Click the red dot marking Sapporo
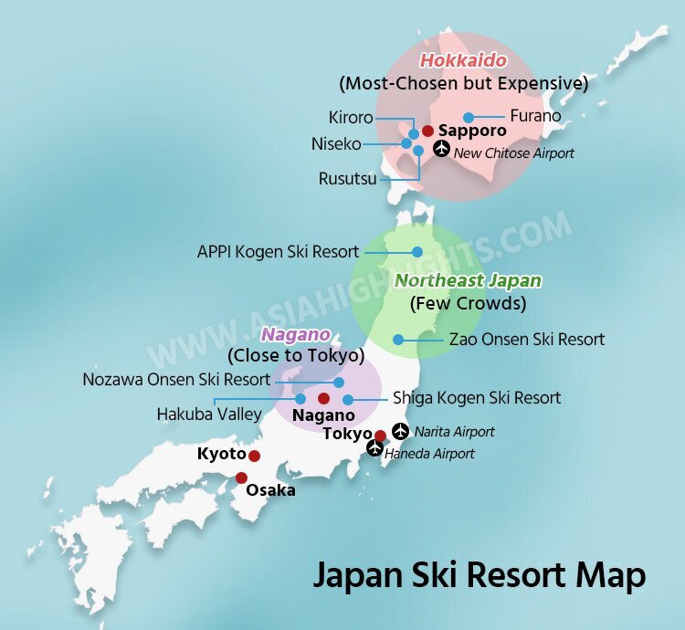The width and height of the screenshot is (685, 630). point(427,131)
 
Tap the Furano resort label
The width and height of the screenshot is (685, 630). point(535,116)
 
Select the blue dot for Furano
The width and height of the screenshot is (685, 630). point(469,117)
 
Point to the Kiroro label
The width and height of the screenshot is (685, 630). point(351,118)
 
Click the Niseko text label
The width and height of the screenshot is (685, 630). point(336,143)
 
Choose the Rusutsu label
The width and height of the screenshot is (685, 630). point(347,179)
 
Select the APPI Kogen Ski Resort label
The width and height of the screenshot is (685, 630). point(279,251)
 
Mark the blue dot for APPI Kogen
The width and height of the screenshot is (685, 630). point(416,251)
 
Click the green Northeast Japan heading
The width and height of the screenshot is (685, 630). point(468,280)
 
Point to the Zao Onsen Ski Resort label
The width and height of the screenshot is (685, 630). point(527,340)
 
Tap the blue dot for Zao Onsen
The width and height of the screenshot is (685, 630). point(398,340)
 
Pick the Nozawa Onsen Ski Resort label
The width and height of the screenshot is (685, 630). point(176,379)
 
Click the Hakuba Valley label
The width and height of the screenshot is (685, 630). point(209,414)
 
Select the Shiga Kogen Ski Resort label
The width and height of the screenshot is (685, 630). point(477,398)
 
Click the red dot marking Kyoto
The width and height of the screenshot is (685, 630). point(255,456)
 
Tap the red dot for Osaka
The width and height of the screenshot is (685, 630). point(241,478)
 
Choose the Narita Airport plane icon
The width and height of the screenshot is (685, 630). point(401,431)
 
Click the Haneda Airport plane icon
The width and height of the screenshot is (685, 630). point(374,448)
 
